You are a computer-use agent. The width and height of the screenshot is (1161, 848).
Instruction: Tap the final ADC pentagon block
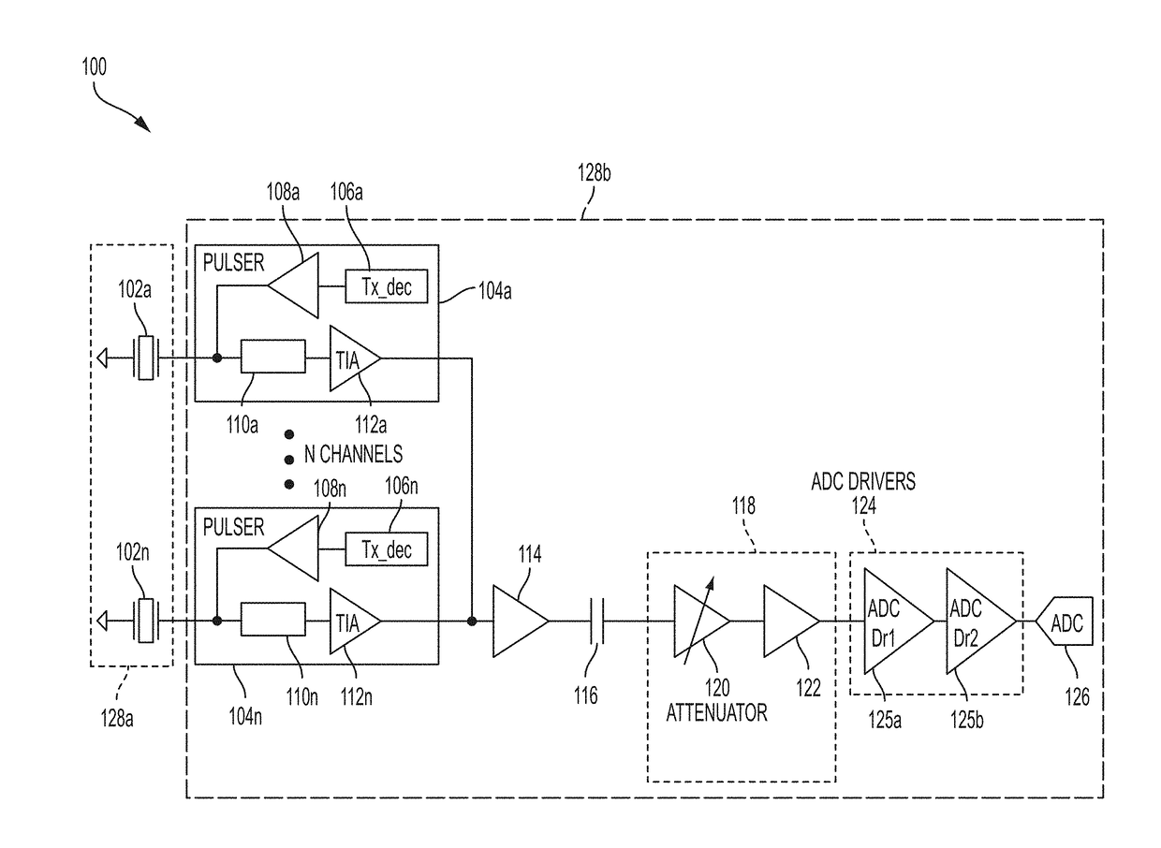pyautogui.click(x=1065, y=621)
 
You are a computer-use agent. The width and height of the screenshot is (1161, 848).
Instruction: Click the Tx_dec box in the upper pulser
pyautogui.click(x=387, y=286)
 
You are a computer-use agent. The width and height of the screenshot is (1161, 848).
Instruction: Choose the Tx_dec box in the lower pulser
pyautogui.click(x=387, y=549)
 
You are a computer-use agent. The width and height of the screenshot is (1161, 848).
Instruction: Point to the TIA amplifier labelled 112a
pyautogui.click(x=352, y=358)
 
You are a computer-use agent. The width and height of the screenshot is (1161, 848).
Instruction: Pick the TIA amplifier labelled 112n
pyautogui.click(x=352, y=621)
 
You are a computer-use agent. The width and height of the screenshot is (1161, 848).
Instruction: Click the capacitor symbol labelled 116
pyautogui.click(x=597, y=621)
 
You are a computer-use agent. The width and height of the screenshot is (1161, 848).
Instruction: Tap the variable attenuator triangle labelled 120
pyautogui.click(x=699, y=621)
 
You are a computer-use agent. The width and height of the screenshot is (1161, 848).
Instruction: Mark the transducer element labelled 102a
pyautogui.click(x=146, y=358)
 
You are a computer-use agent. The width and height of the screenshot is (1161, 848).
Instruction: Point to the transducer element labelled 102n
pyautogui.click(x=146, y=621)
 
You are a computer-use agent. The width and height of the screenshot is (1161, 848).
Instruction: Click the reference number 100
pyautogui.click(x=94, y=66)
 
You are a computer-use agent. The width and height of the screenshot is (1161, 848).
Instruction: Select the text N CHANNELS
pyautogui.click(x=353, y=454)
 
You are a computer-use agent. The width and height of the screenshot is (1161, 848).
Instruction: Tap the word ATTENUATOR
pyautogui.click(x=716, y=713)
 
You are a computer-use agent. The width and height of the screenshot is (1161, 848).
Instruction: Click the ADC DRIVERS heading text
pyautogui.click(x=863, y=481)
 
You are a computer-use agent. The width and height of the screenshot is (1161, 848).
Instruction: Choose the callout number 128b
pyautogui.click(x=594, y=172)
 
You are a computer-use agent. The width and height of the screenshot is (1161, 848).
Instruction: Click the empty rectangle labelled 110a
pyautogui.click(x=273, y=356)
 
